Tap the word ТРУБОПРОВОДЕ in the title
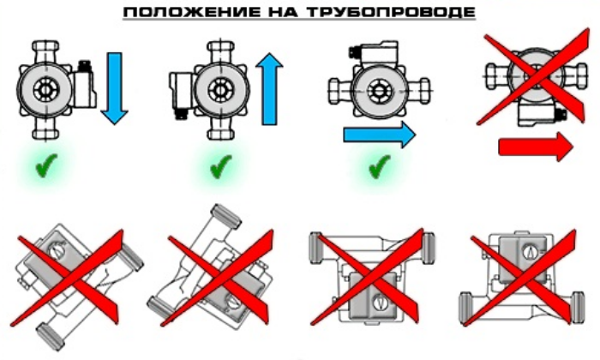click(x=391, y=12)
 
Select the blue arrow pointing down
click(x=114, y=88)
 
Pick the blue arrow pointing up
click(x=269, y=89)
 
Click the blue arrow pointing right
click(x=379, y=135)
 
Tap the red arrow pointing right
click(x=536, y=147)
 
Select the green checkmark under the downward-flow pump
click(x=46, y=165)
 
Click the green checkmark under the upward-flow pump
click(x=221, y=166)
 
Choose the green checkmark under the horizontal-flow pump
click(x=380, y=166)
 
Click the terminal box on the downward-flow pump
click(x=84, y=84)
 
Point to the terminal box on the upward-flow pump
click(x=183, y=94)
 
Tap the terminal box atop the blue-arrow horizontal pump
click(x=374, y=54)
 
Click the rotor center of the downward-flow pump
click(x=46, y=91)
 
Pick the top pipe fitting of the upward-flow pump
click(x=221, y=51)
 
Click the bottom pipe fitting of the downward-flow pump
click(x=46, y=129)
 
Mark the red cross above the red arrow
click(x=533, y=76)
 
